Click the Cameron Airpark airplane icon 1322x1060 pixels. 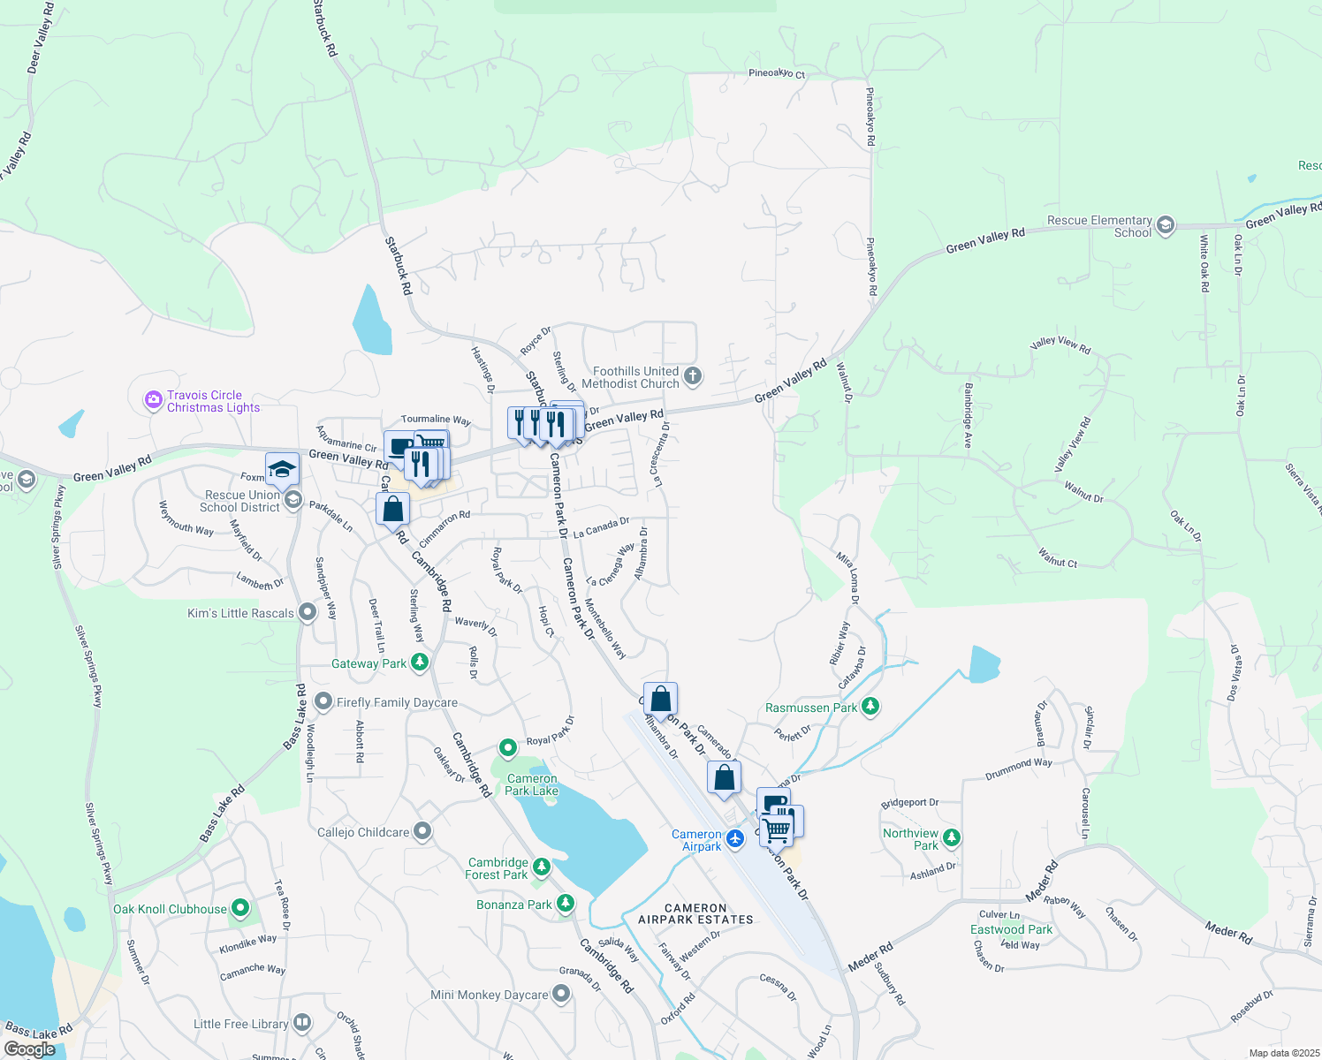734,836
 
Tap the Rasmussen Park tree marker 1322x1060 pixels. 870,707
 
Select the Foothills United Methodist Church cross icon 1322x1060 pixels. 693,376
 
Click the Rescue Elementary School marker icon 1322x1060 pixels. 1166,225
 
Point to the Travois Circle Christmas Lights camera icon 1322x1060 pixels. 154,401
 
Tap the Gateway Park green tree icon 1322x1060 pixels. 420,662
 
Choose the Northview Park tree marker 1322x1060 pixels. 952,837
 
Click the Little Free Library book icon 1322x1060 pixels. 302,1023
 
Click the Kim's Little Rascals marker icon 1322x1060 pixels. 308,612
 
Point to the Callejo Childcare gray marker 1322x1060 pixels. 422,831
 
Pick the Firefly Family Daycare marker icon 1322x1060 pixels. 324,702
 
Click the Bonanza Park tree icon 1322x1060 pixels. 566,904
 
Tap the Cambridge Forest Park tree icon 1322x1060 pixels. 542,867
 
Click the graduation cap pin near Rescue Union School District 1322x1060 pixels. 282,469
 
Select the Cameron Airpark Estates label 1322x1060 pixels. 695,913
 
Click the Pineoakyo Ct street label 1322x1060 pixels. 777,73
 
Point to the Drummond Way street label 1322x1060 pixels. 1018,769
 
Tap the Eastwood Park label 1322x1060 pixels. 1011,929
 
